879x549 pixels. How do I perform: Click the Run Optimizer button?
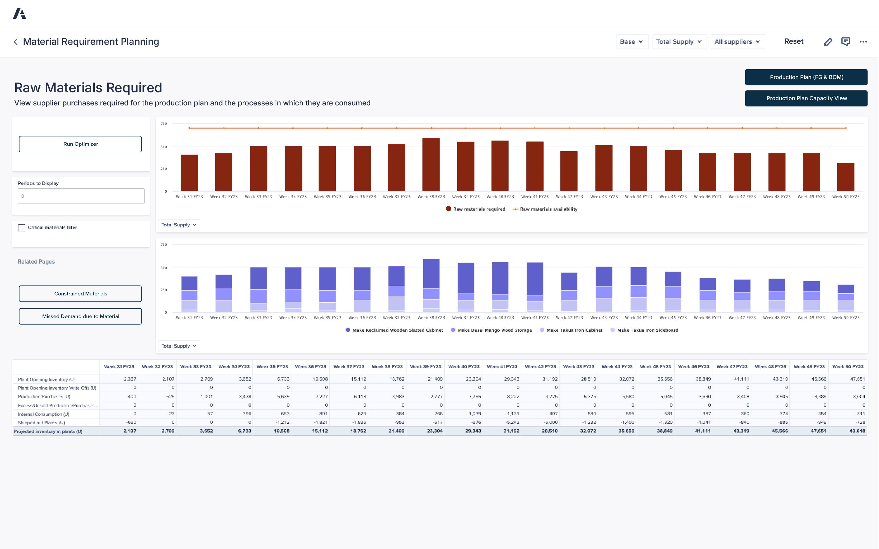pyautogui.click(x=80, y=144)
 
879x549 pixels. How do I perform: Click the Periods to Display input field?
pyautogui.click(x=81, y=196)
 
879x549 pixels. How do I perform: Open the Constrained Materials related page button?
pyautogui.click(x=80, y=294)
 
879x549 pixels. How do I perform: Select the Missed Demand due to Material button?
pyautogui.click(x=80, y=316)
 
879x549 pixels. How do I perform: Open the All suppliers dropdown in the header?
pyautogui.click(x=737, y=42)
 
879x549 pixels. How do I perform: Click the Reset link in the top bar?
pyautogui.click(x=793, y=41)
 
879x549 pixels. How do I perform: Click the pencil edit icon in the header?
pyautogui.click(x=828, y=42)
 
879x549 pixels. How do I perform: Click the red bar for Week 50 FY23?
pyautogui.click(x=845, y=177)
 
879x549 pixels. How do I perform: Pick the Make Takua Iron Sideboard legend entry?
pyautogui.click(x=647, y=330)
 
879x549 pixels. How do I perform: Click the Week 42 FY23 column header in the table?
pyautogui.click(x=540, y=367)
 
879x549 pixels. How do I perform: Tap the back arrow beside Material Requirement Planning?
pyautogui.click(x=16, y=42)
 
